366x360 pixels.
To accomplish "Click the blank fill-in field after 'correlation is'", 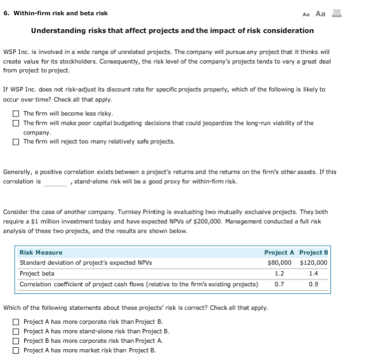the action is pos(55,182).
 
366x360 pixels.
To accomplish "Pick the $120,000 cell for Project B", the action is pos(313,263).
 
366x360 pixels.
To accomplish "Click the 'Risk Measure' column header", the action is pos(41,253).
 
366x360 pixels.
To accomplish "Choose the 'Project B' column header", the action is pos(313,253).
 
